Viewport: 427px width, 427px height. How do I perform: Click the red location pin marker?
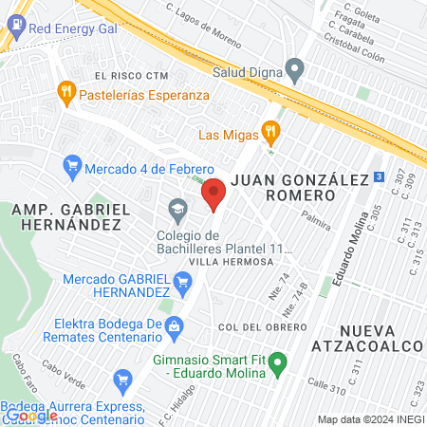click(213, 195)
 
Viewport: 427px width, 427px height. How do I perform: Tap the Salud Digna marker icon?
click(295, 68)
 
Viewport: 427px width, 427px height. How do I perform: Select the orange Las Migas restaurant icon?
click(271, 132)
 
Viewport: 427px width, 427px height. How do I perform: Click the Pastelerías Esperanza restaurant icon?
click(65, 92)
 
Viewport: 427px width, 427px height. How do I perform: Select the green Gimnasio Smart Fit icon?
click(278, 362)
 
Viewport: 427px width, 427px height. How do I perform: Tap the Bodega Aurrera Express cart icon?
click(121, 382)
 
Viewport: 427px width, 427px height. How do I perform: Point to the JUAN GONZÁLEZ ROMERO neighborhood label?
click(284, 186)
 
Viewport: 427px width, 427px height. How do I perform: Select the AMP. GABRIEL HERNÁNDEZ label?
click(65, 215)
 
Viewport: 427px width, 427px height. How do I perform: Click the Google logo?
click(32, 415)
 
